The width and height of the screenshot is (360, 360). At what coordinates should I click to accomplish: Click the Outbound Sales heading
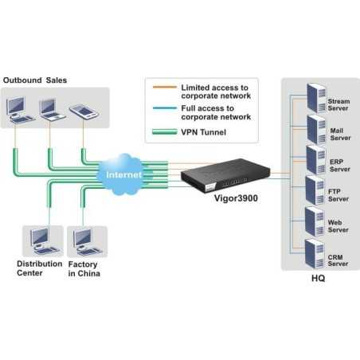pos(35,80)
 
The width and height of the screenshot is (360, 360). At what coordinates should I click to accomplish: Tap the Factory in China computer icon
pos(83,240)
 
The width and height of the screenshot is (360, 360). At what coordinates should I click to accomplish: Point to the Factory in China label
pos(84,268)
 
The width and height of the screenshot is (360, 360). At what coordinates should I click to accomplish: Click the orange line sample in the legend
pos(164,87)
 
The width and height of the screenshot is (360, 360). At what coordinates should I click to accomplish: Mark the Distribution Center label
pos(38,268)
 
